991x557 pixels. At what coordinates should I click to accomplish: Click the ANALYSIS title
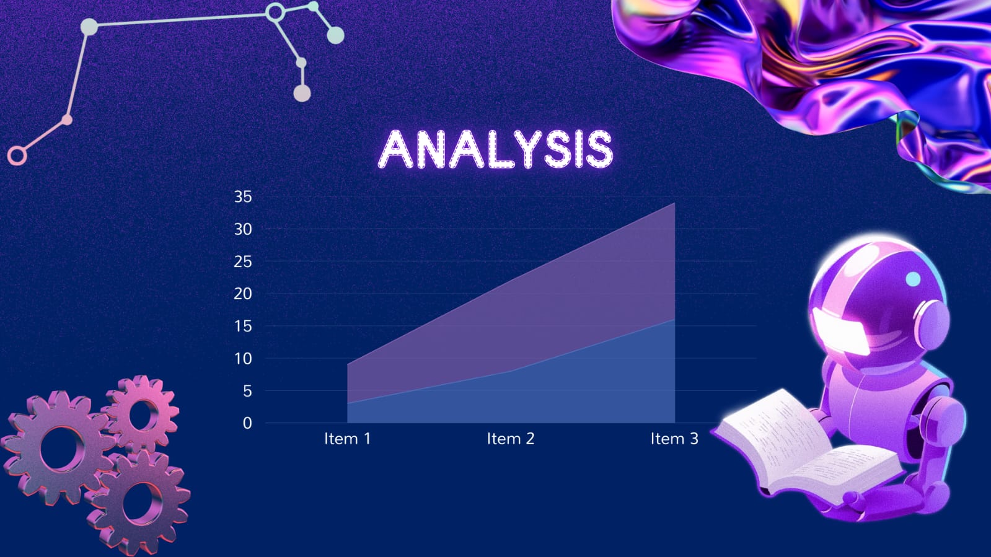tap(496, 149)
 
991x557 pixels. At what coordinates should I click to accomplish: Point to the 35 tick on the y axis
tap(243, 197)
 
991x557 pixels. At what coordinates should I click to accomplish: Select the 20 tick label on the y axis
tap(243, 294)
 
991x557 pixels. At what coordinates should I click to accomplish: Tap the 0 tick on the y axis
tap(247, 423)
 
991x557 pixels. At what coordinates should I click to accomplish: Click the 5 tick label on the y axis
tap(247, 391)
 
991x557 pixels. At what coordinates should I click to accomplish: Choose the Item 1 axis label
tap(347, 439)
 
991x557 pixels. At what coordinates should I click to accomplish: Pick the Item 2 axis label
tap(511, 439)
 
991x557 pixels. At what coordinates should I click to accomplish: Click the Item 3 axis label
tap(674, 439)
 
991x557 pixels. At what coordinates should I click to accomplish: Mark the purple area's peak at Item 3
tap(675, 203)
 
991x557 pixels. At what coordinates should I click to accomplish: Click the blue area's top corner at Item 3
tap(675, 320)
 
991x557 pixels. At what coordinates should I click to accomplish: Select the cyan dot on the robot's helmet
tap(913, 279)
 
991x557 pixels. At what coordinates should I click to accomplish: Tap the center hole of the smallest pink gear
tap(142, 415)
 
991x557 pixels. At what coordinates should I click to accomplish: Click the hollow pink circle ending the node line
tap(17, 156)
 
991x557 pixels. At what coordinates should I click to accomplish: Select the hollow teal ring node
tap(275, 12)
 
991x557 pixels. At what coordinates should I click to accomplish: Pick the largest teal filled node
tap(335, 35)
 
